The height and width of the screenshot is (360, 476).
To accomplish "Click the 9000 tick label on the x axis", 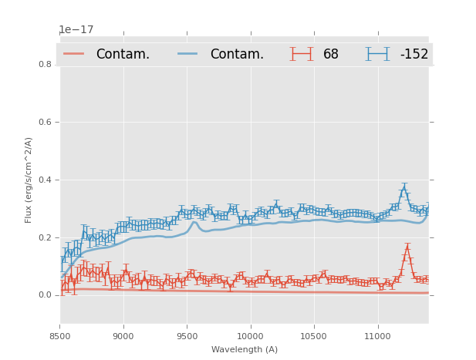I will click(x=123, y=337).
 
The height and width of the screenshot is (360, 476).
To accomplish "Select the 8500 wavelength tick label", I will click(x=60, y=337).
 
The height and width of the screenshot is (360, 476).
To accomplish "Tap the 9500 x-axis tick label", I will click(x=187, y=337).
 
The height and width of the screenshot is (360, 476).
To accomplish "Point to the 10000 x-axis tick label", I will click(x=251, y=337).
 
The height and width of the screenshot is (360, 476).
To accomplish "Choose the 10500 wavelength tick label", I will click(x=314, y=337).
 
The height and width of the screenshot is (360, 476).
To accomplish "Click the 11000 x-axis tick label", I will click(x=377, y=337).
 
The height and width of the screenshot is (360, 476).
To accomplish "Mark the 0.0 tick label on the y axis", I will click(x=46, y=295).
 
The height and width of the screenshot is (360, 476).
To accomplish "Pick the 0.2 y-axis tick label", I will click(x=46, y=237).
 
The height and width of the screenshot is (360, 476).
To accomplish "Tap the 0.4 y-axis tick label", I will click(x=46, y=180).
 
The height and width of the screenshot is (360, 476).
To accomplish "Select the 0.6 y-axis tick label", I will click(x=46, y=122).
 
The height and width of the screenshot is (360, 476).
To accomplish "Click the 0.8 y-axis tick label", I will click(x=46, y=65).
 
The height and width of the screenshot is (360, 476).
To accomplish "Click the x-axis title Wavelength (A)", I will click(x=245, y=350).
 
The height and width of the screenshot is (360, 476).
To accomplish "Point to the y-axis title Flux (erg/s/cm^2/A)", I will click(x=29, y=180).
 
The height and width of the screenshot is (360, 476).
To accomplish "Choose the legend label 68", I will click(x=331, y=55).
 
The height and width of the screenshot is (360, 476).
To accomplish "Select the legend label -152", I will click(x=414, y=55).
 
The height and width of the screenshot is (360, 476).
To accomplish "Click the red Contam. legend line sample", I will click(x=74, y=54).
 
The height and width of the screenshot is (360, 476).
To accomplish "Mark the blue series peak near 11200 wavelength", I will click(x=403, y=189).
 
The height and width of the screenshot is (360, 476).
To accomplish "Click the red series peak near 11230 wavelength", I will click(x=407, y=248).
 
